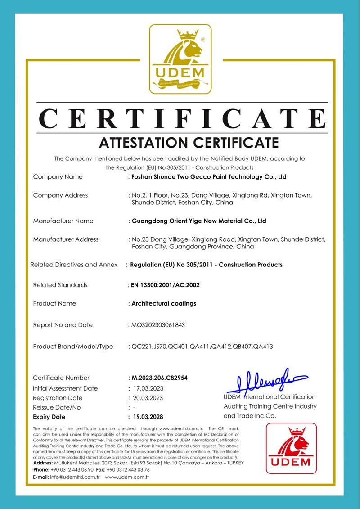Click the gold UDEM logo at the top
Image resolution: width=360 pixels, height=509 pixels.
[180, 59]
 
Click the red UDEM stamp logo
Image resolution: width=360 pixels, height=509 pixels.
[291, 448]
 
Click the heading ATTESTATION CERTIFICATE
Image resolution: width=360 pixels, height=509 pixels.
[189, 143]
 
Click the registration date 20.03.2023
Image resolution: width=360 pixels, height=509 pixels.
[148, 398]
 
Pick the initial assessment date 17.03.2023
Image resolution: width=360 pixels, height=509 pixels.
[148, 388]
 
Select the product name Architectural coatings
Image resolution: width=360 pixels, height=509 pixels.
[164, 303]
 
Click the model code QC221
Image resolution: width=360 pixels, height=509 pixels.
[139, 347]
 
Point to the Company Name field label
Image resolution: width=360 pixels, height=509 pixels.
[58, 177]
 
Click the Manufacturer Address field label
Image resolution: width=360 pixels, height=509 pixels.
[66, 239]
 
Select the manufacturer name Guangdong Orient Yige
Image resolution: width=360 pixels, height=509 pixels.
[198, 221]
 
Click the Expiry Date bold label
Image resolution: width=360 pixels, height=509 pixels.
[49, 417]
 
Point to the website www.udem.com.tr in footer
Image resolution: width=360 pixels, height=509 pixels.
[127, 477]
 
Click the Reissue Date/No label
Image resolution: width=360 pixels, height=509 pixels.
[57, 408]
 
